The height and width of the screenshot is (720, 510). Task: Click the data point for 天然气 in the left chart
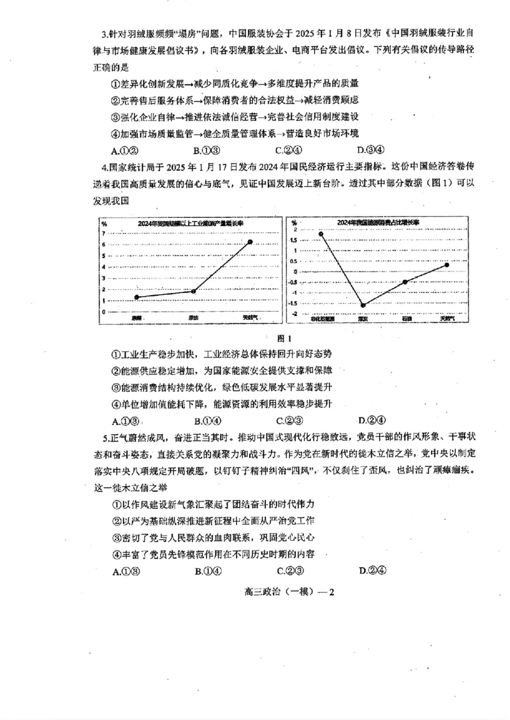[x=250, y=242]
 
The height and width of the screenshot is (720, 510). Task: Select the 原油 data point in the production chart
[x=193, y=291]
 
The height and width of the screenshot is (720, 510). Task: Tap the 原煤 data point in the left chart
[x=137, y=297]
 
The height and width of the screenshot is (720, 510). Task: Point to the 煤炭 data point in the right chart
[x=363, y=305]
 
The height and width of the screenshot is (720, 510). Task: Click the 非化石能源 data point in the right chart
[x=322, y=234]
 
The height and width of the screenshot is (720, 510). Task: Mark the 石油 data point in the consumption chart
[x=405, y=282]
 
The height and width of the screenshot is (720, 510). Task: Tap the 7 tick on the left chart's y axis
[x=103, y=233]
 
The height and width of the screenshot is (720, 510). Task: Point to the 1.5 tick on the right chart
[x=294, y=240]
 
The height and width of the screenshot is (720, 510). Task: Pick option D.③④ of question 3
[x=370, y=150]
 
